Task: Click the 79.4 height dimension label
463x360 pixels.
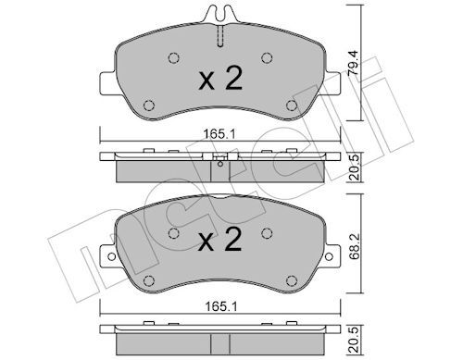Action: tap(352, 63)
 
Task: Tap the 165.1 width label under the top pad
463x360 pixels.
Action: tap(219, 134)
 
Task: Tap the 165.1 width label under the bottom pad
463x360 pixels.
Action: tap(221, 306)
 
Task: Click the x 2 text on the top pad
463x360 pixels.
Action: tap(220, 79)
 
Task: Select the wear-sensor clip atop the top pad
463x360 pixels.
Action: tap(220, 14)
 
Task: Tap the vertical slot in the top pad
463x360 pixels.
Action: tap(220, 36)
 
